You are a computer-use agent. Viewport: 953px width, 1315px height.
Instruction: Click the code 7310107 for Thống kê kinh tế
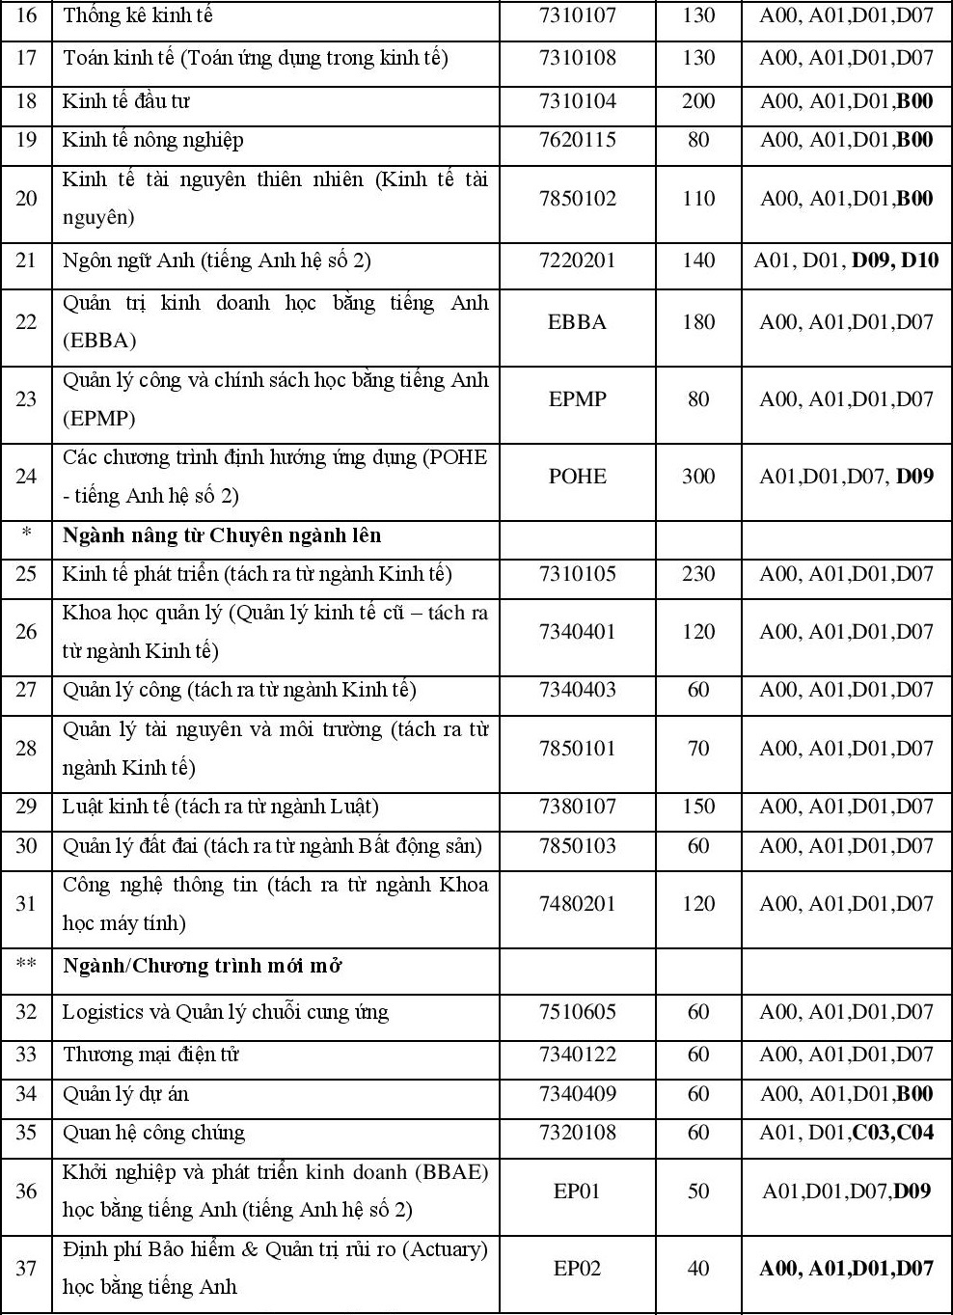pos(577,16)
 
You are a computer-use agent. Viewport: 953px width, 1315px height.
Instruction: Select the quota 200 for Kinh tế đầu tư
pos(698,102)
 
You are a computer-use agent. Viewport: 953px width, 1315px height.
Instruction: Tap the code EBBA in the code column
pos(577,322)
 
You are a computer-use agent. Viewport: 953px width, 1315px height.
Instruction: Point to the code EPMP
pos(577,399)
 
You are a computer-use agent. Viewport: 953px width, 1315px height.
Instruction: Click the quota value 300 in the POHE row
pos(698,477)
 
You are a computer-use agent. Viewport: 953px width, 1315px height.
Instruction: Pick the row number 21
pos(26,260)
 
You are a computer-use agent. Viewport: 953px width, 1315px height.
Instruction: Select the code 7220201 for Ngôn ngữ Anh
pos(577,260)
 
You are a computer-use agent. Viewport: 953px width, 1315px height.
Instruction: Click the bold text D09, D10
pos(895,260)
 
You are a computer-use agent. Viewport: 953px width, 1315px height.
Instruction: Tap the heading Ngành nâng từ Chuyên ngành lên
pos(222,535)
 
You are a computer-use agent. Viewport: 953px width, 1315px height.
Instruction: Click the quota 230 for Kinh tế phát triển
pos(698,575)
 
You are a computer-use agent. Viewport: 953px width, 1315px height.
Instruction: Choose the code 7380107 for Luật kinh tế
pos(577,808)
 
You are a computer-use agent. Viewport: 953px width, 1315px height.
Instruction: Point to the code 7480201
pos(577,904)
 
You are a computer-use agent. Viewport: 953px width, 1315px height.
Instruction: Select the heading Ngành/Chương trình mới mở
pos(203,966)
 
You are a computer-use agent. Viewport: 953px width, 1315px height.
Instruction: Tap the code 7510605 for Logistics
pos(577,1012)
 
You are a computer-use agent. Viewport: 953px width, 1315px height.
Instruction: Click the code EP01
pos(577,1192)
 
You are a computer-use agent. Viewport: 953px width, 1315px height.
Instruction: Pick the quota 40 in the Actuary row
pos(698,1269)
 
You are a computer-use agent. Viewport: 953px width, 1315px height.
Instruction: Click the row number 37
pos(26,1269)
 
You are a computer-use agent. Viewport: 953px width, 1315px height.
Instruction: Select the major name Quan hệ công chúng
pos(153,1133)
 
